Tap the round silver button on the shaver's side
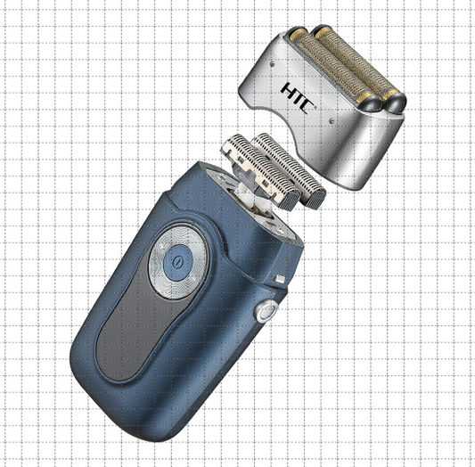point(265,312)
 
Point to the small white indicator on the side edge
point(281,280)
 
